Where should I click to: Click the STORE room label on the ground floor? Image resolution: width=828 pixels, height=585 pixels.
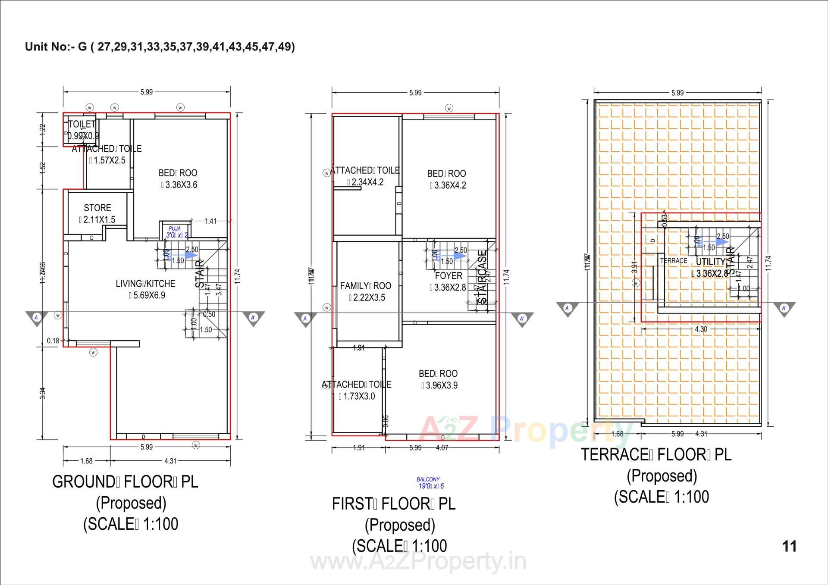click(x=97, y=208)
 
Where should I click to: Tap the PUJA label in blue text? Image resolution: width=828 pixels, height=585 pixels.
click(x=175, y=229)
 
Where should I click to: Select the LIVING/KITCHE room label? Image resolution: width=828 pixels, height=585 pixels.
click(x=145, y=284)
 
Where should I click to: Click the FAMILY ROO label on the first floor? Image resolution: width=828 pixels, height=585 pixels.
click(x=365, y=286)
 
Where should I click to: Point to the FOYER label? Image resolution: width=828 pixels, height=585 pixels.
click(x=448, y=276)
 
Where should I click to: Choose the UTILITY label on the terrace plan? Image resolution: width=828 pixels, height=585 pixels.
click(x=710, y=262)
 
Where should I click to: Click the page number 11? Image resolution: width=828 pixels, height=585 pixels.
click(x=789, y=546)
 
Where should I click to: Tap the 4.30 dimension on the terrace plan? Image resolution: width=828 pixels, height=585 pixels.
click(x=701, y=329)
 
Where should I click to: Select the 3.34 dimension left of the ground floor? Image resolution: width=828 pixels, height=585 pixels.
click(x=43, y=393)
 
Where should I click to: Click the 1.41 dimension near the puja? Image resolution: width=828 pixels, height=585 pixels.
click(x=210, y=221)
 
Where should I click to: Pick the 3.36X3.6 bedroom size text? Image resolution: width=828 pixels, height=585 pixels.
click(x=179, y=185)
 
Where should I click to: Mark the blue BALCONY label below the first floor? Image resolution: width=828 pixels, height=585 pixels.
click(x=428, y=479)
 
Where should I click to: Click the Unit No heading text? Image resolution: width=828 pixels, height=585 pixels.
click(x=160, y=47)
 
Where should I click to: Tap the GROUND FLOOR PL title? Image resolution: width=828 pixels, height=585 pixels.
click(x=125, y=482)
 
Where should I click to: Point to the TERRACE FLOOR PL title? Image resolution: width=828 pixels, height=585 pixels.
click(x=656, y=454)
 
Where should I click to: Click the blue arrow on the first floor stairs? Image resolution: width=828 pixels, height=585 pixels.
click(x=458, y=256)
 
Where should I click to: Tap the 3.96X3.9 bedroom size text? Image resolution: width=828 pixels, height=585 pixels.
click(x=439, y=385)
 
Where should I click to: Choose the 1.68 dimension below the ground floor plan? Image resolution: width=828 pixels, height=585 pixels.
click(x=86, y=461)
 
